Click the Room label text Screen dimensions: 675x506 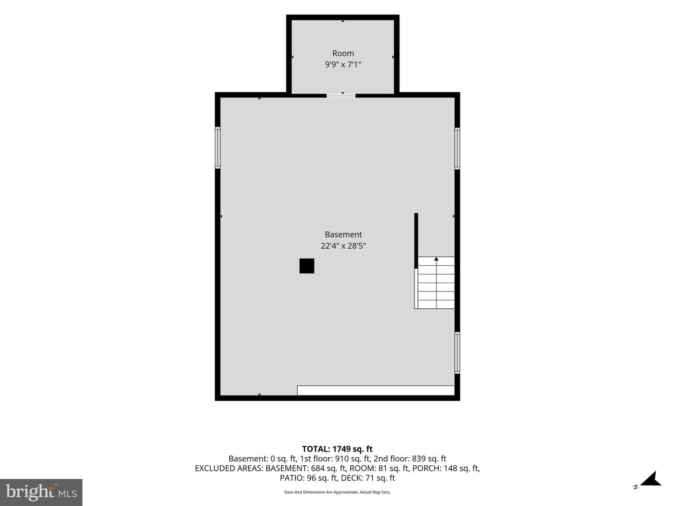(343, 53)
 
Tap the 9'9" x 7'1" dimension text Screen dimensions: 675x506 (343, 65)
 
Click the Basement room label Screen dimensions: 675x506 (343, 234)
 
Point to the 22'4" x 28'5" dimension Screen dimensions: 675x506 (343, 246)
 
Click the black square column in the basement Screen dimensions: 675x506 (307, 266)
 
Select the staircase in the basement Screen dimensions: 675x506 (434, 283)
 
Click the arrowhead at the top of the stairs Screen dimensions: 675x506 (436, 259)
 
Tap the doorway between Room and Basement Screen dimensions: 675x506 (341, 96)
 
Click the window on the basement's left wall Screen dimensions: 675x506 (217, 148)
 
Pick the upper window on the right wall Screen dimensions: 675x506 (457, 149)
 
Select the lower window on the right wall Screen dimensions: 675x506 (457, 353)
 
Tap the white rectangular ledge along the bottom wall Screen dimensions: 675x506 (376, 390)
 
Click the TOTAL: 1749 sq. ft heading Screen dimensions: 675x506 (337, 449)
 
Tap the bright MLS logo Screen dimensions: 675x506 (41, 492)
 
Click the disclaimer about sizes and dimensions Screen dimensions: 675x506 (337, 492)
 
